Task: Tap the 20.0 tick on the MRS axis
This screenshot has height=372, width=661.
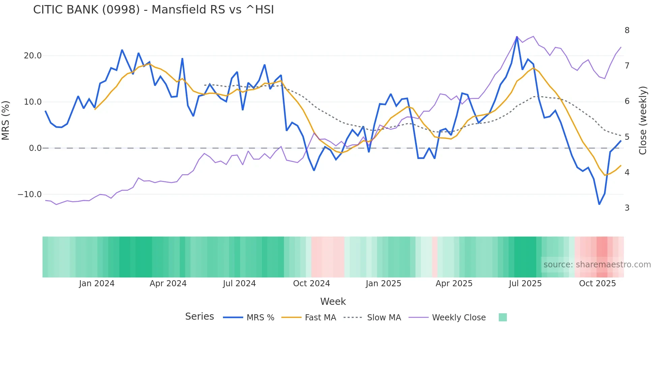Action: click(x=33, y=56)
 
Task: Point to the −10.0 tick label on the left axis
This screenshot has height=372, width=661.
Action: click(x=30, y=194)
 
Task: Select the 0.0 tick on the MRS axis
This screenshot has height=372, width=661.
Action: click(x=35, y=148)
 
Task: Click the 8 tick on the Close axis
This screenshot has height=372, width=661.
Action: click(x=627, y=30)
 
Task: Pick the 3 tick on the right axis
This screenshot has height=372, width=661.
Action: click(x=627, y=208)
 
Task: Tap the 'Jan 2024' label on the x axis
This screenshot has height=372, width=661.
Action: click(x=97, y=284)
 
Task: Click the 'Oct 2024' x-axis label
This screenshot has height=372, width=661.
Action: click(x=311, y=284)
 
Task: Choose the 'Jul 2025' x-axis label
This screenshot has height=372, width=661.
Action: click(x=525, y=284)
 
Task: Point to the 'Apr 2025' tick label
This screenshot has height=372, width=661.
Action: click(x=454, y=284)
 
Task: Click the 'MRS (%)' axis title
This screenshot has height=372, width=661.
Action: click(x=6, y=120)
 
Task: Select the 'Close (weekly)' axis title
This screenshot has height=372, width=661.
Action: click(x=643, y=120)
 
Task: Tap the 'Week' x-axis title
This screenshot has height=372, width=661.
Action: click(x=333, y=301)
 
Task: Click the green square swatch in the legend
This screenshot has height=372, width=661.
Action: click(x=502, y=317)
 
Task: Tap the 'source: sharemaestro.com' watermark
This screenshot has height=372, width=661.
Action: click(x=597, y=265)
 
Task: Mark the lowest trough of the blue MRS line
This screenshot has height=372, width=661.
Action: click(x=599, y=204)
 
